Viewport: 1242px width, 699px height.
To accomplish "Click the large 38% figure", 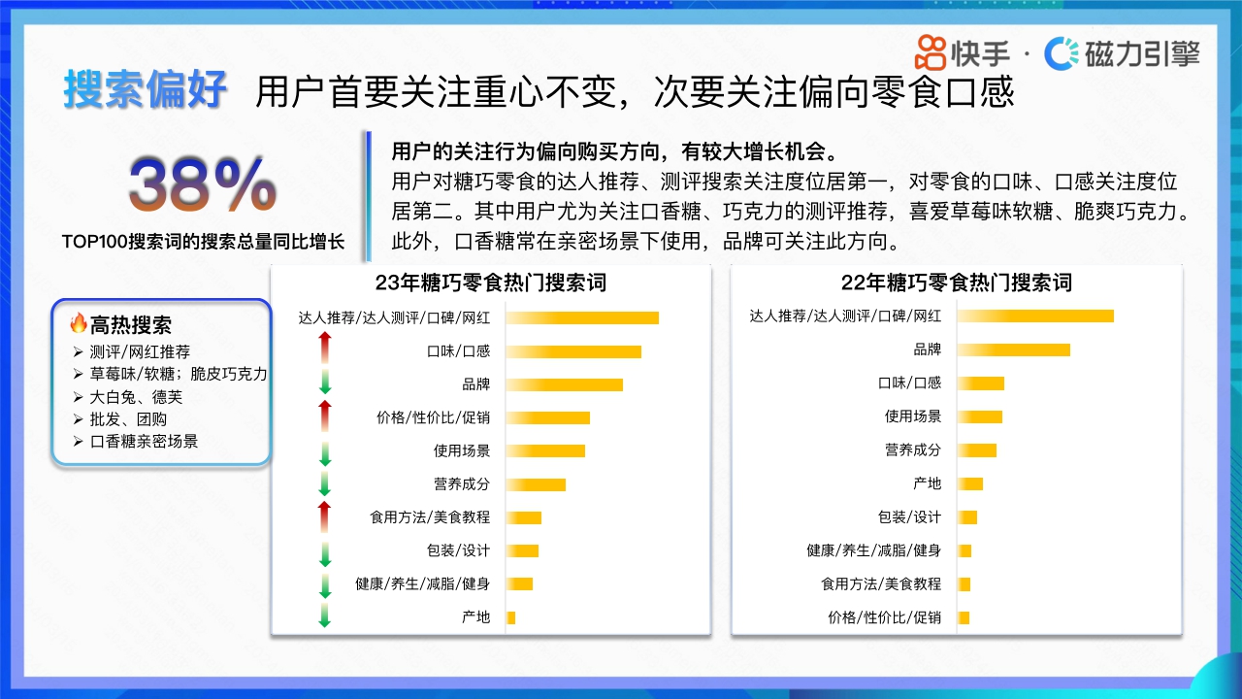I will click(203, 185).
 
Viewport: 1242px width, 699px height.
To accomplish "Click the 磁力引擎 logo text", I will click(1141, 53).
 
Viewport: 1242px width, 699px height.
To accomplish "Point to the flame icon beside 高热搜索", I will click(79, 323).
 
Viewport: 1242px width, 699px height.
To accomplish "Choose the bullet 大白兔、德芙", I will click(136, 397).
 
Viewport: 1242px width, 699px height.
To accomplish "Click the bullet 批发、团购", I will click(128, 419).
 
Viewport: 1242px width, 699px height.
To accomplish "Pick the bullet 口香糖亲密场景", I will click(144, 442).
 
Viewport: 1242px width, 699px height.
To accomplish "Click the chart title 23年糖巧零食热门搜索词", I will click(490, 283).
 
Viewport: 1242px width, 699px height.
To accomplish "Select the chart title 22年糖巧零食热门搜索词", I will click(956, 283).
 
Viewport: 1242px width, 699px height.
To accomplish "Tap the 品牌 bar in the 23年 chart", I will click(564, 384).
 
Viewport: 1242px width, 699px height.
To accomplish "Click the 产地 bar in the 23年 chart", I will click(510, 617).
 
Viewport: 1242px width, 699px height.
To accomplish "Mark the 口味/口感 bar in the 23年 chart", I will click(573, 351).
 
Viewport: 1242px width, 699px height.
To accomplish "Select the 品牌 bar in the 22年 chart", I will click(1014, 349).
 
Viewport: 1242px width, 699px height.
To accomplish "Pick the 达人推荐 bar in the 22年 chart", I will click(1035, 316).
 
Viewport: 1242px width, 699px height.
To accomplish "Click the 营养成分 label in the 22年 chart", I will click(912, 449).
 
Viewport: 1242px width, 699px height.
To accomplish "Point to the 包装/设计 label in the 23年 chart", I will click(458, 550).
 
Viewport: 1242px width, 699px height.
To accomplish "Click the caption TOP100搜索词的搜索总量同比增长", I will click(203, 242).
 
